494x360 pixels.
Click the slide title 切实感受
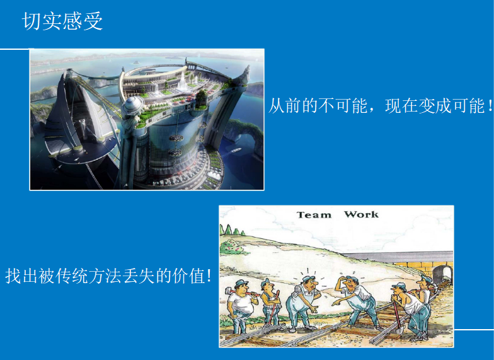[x=62, y=21]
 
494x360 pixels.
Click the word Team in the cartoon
[x=314, y=215]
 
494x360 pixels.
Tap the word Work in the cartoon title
[x=361, y=214]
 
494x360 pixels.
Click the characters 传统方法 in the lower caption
[x=89, y=276]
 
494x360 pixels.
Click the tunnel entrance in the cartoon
[x=442, y=274]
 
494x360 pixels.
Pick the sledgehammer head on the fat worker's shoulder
[x=228, y=291]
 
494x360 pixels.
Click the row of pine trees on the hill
[x=233, y=229]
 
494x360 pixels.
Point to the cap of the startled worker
[x=309, y=279]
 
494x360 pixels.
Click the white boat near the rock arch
[x=236, y=150]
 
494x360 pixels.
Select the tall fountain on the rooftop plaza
[x=182, y=81]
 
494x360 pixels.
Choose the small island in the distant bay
[x=136, y=62]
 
